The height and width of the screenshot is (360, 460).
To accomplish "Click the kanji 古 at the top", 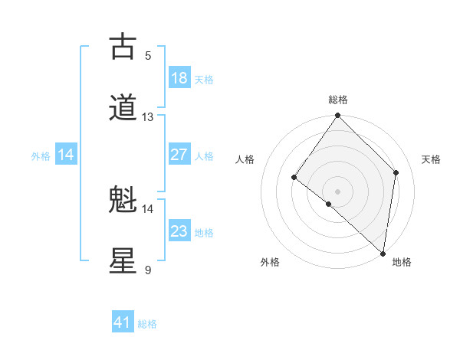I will [x=123, y=47].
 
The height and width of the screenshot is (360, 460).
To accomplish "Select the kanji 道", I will [x=123, y=108].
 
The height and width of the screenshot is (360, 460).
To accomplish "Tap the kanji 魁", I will [x=123, y=200].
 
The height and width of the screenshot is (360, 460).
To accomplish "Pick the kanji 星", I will [x=123, y=261].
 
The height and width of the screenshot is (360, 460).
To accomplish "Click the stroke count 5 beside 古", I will [x=148, y=56].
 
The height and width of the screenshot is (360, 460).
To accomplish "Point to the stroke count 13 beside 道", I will [x=148, y=117].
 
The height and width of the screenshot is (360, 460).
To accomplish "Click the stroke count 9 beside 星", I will [x=148, y=270].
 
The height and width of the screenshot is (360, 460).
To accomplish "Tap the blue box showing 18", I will [x=179, y=78].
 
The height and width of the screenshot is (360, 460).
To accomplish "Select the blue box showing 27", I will [x=179, y=155].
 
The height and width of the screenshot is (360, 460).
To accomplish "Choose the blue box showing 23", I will [x=179, y=231].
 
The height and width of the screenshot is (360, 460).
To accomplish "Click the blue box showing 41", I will [x=123, y=322].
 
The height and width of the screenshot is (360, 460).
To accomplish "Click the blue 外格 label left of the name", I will [x=41, y=155].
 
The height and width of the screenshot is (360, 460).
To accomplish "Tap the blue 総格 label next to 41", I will [x=147, y=324].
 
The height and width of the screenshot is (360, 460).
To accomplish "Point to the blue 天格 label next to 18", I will [x=204, y=79].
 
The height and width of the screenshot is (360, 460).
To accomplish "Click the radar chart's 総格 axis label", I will [x=338, y=100].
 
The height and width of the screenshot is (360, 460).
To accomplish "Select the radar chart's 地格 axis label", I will [x=402, y=262].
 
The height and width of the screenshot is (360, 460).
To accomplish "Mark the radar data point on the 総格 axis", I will [x=338, y=116].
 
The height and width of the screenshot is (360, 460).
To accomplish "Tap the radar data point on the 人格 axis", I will [x=294, y=178].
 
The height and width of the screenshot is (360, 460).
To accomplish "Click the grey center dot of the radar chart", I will [x=338, y=191].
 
